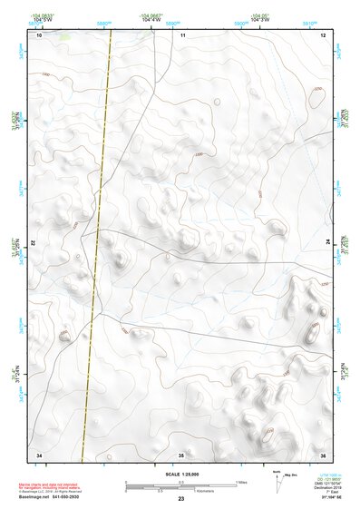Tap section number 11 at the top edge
[182, 35]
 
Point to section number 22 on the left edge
[34, 244]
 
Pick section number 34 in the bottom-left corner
[39, 454]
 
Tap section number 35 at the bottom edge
[181, 454]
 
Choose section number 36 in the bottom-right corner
[323, 454]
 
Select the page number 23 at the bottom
[180, 499]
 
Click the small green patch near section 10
[63, 37]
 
